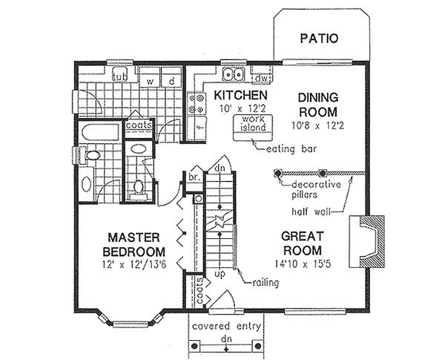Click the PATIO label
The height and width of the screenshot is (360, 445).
click(x=319, y=39)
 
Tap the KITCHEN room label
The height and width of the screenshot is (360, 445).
click(x=240, y=96)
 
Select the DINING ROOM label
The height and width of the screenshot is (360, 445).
click(x=318, y=105)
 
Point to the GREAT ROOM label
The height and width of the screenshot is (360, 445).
click(x=303, y=243)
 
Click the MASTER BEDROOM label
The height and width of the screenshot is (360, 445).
click(x=134, y=245)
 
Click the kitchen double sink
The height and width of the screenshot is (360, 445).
click(x=234, y=74)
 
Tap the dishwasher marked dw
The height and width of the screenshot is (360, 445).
click(x=261, y=77)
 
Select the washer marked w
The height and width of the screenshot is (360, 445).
click(x=150, y=77)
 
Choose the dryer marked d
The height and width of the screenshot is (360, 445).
click(x=171, y=77)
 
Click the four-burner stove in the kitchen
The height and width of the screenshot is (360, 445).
click(x=197, y=104)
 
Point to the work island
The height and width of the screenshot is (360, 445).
click(x=253, y=128)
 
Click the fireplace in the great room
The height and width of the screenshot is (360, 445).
click(x=367, y=242)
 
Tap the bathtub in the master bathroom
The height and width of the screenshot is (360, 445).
click(x=99, y=132)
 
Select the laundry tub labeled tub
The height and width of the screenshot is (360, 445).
click(x=119, y=74)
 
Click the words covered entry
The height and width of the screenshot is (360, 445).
click(x=226, y=327)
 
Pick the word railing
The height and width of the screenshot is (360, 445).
click(x=266, y=283)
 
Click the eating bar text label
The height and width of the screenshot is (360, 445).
click(x=291, y=149)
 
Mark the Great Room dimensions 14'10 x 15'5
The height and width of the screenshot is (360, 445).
click(x=303, y=264)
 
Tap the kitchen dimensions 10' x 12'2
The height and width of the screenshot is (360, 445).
click(x=240, y=108)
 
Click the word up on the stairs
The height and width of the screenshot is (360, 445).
click(x=220, y=275)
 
